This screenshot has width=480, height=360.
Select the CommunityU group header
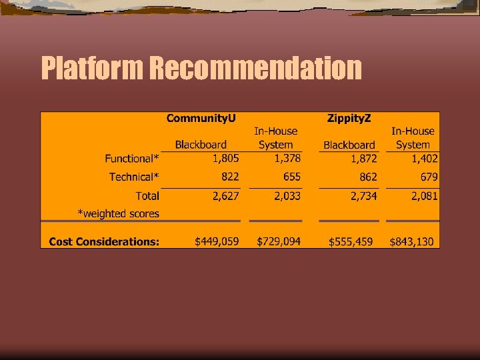pos(201,118)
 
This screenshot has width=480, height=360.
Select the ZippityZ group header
pos(349,118)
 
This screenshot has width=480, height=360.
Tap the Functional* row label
pos(132,159)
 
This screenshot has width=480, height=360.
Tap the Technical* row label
pos(134,177)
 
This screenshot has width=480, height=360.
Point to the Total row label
pos(147,195)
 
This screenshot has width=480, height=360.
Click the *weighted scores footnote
pos(119,214)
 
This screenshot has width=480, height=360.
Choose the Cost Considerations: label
pos(104,241)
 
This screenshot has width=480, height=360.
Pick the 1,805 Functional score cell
pos(225,159)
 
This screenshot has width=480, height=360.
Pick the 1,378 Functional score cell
pos(287,159)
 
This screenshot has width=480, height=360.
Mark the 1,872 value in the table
pos(363,159)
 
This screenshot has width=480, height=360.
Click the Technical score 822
pos(230,177)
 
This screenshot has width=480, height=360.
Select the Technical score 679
pos(429,177)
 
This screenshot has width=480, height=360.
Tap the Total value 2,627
pos(225,195)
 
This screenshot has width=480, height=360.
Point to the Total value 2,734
pos(363,195)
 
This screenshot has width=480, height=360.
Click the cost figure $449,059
pos(217,241)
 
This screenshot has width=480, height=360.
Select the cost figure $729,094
pos(279,241)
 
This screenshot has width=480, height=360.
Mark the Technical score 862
pos(368,177)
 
